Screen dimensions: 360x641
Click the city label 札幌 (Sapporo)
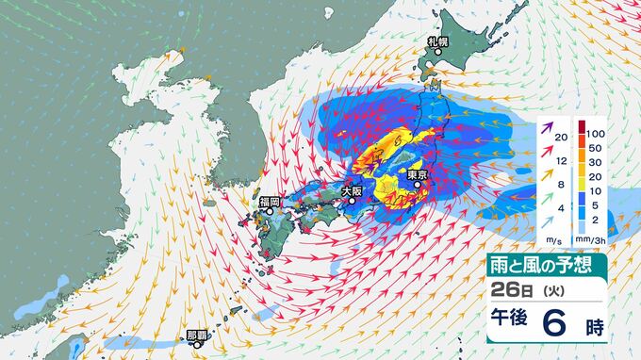point(436,41)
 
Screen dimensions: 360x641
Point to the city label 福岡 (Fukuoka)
point(270,201)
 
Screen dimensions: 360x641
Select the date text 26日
point(511,289)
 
